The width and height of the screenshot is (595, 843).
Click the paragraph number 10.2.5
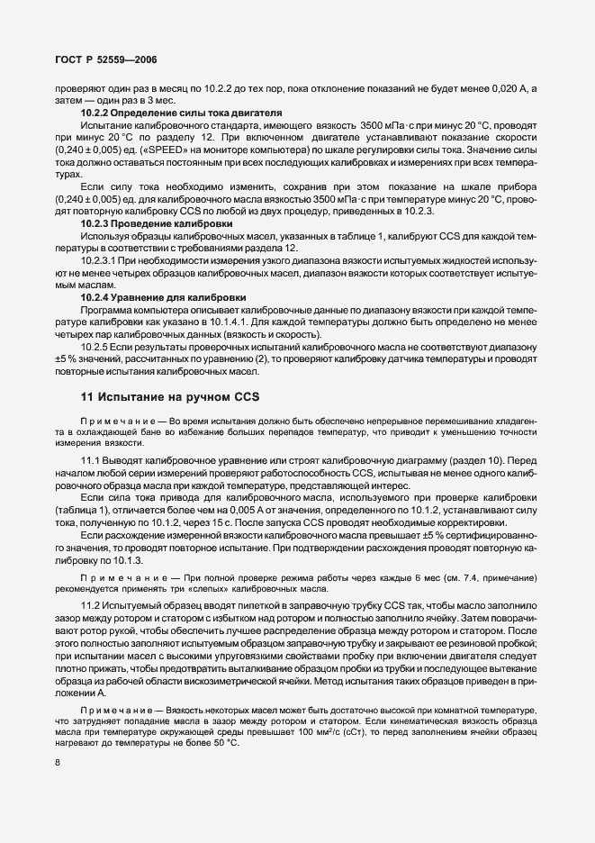(x=95, y=345)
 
